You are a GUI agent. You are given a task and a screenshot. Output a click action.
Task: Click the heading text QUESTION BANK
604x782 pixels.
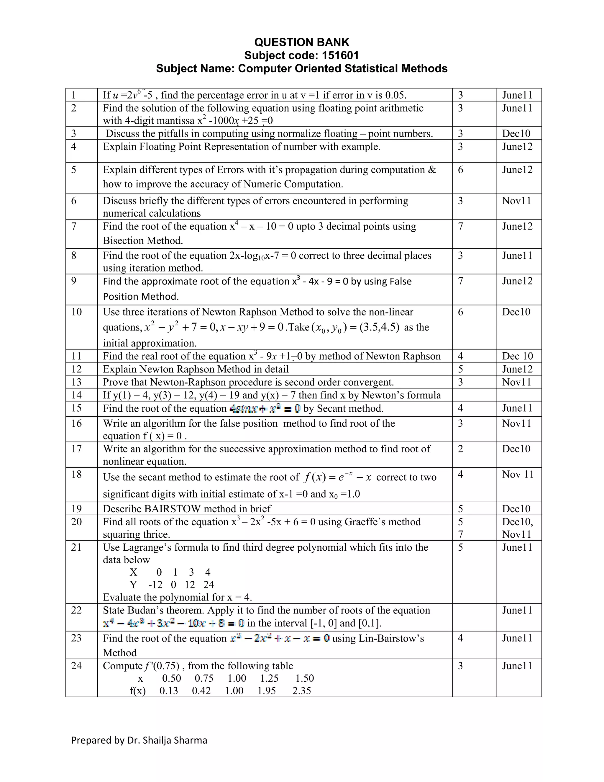pos(302,42)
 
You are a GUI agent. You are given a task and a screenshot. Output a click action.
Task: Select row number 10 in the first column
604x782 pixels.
pos(77,312)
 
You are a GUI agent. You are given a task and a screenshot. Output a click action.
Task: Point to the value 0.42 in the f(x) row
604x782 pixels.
pos(201,691)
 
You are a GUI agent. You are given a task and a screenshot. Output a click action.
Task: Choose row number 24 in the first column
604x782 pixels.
pos(77,666)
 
